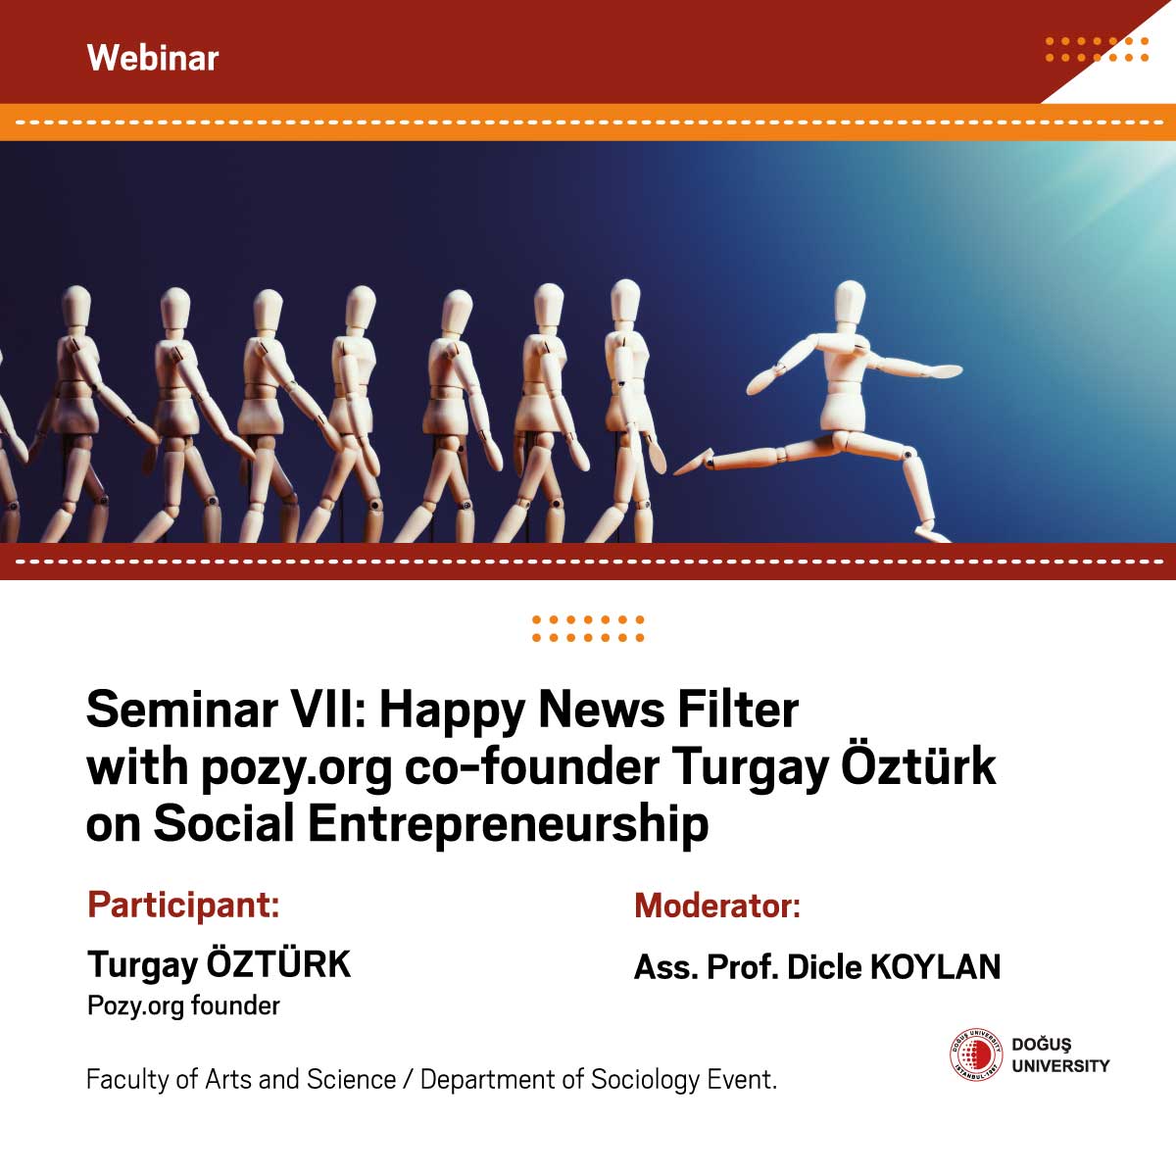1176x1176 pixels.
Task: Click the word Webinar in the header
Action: pyautogui.click(x=153, y=58)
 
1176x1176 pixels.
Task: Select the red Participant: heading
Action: pyautogui.click(x=183, y=906)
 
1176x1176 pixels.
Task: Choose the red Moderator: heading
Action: pyautogui.click(x=717, y=906)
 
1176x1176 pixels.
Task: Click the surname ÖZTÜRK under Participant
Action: pyautogui.click(x=279, y=965)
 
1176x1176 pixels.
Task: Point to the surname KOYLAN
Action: pyautogui.click(x=936, y=968)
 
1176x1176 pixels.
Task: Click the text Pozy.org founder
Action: pyautogui.click(x=183, y=1005)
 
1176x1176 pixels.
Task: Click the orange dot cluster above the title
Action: pyautogui.click(x=588, y=628)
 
